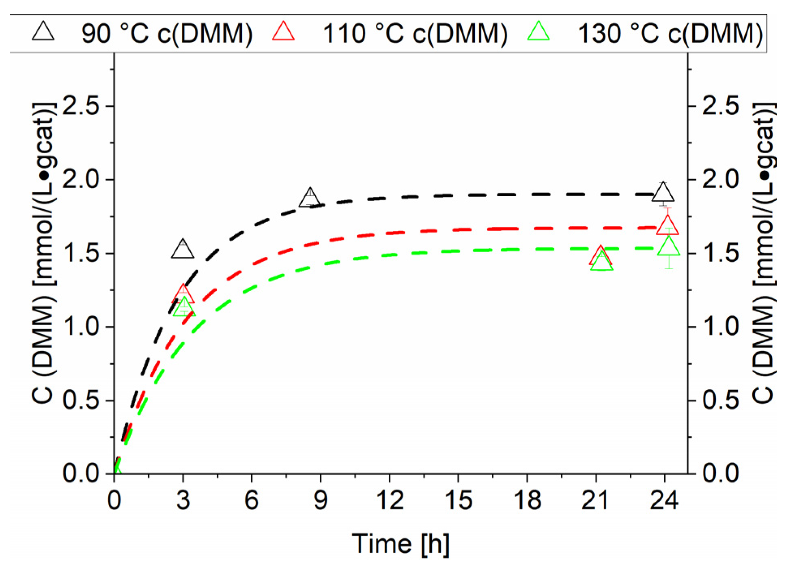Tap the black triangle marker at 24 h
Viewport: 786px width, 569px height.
(x=663, y=193)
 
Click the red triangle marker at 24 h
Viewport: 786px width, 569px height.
(x=667, y=226)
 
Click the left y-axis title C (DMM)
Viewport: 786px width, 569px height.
(x=43, y=253)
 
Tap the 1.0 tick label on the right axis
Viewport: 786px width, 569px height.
(x=720, y=326)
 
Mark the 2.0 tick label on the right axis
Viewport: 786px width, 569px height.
(x=720, y=180)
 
